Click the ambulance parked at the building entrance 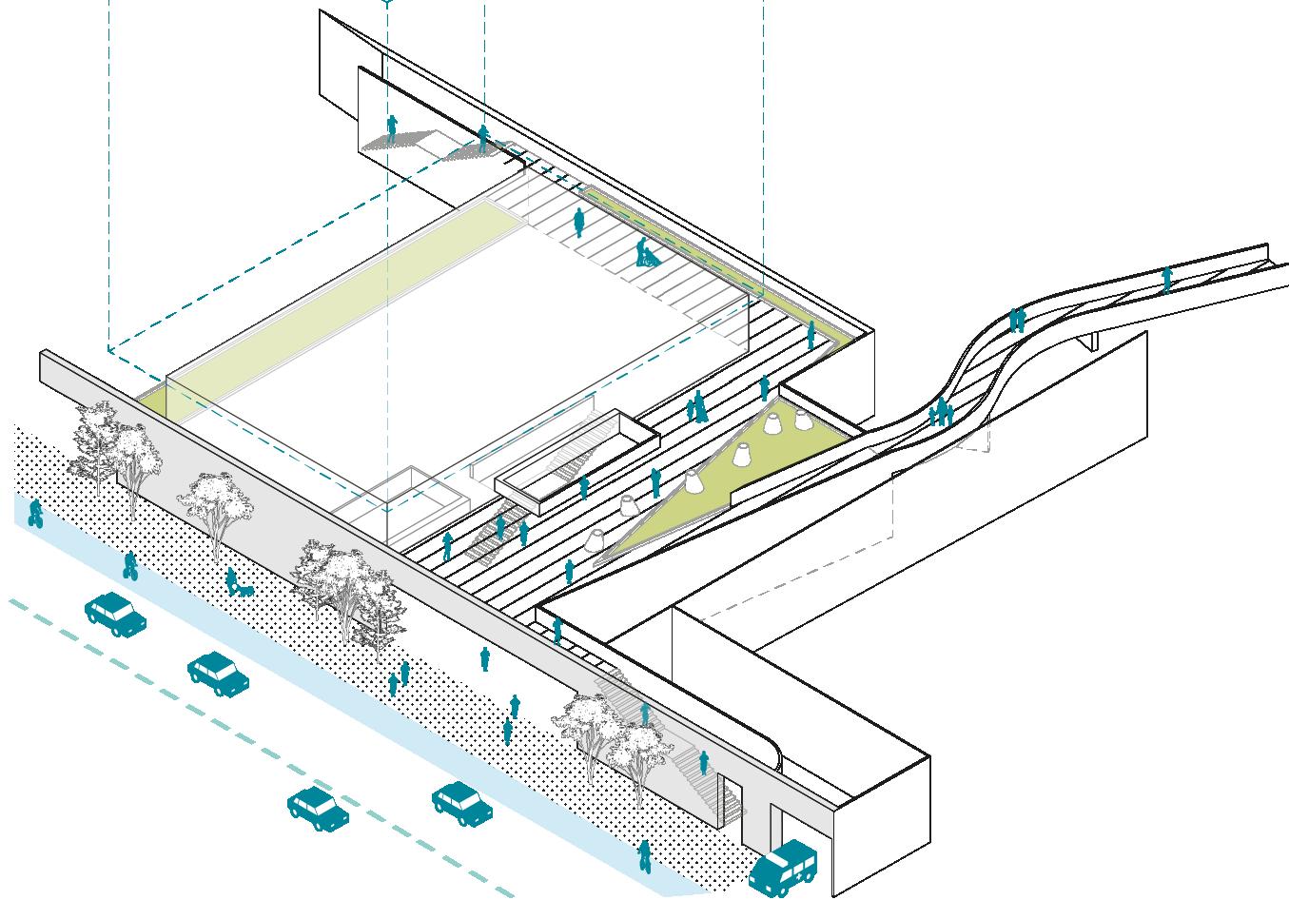point(783,867)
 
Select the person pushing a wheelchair point(645,253)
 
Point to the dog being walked point(245,591)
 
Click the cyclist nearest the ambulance point(644,856)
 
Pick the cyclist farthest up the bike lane point(36,514)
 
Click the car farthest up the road point(116,614)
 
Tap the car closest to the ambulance point(462,801)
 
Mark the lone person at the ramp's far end point(1167,279)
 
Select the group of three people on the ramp point(940,412)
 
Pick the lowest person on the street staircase point(704,762)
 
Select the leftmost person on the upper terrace point(391,128)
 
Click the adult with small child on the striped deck point(698,406)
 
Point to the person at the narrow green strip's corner point(811,334)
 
